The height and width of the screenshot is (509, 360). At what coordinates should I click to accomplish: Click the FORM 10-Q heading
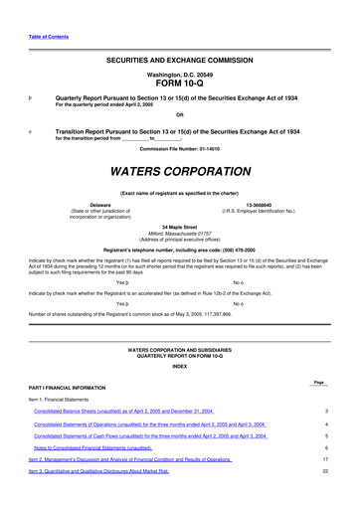click(x=180, y=84)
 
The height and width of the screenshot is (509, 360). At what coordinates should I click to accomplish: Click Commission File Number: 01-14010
click(x=180, y=148)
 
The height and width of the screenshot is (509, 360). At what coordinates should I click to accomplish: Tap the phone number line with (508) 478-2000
click(x=180, y=249)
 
